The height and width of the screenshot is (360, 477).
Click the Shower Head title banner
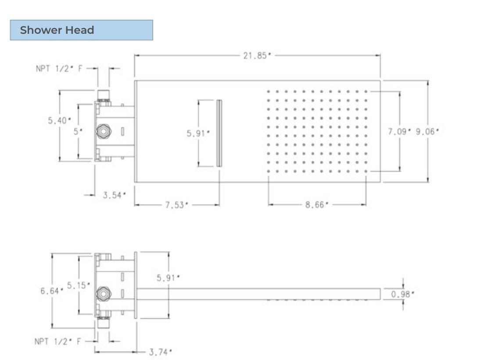(x=81, y=30)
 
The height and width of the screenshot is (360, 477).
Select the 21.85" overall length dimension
(x=257, y=56)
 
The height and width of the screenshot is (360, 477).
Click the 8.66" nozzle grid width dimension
(x=317, y=205)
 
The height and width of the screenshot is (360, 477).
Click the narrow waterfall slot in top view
(x=219, y=133)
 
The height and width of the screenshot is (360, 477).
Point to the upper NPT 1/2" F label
(x=59, y=68)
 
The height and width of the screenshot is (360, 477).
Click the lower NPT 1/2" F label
(x=58, y=341)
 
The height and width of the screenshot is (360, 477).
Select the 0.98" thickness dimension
(x=402, y=294)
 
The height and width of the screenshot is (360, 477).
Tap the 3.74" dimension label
(x=160, y=352)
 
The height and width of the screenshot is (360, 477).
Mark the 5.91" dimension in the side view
(x=169, y=278)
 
